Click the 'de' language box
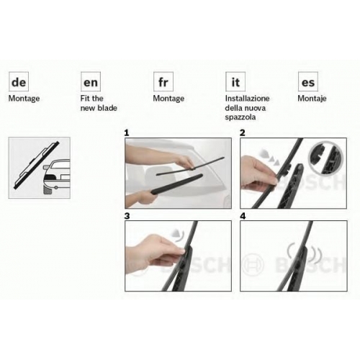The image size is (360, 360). point(19,81)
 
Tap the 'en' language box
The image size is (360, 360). point(91,81)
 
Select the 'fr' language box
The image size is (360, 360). point(163,81)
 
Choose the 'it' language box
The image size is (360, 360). point(235,81)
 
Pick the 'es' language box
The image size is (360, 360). point(308,81)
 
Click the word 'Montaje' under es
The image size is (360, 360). point(312,99)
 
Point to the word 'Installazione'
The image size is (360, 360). point(247,99)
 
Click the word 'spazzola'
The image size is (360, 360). point(240,117)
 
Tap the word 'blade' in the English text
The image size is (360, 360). point(107,108)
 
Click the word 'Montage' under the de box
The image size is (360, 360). point(24,99)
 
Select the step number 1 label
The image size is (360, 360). point(127,133)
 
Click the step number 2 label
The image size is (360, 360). point(243,133)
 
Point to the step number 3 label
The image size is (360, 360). point(127,216)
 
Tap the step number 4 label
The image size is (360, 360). point(243,216)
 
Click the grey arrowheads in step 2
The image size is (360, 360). point(269,157)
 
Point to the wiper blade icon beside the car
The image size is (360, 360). point(37,165)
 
